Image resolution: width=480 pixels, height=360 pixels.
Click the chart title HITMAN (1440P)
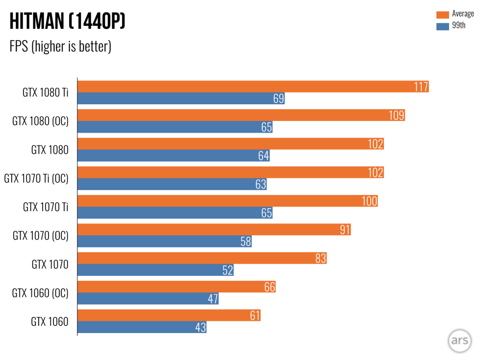pos(67,22)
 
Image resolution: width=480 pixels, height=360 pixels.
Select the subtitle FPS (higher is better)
pos(60,47)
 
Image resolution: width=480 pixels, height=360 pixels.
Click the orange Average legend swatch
pos(442,14)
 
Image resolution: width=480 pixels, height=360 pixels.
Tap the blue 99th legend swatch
pos(442,26)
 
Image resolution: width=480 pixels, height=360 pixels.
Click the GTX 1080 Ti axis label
pos(45,93)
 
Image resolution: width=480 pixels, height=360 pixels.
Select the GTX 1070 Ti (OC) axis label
pos(36,179)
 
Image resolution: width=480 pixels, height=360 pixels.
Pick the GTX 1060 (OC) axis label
pos(40,293)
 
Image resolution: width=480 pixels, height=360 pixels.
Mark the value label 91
pos(345,230)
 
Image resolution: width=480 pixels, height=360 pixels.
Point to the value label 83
pos(320,258)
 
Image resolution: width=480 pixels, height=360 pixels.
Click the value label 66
pos(269,287)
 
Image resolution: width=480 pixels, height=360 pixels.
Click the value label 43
pos(200,327)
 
